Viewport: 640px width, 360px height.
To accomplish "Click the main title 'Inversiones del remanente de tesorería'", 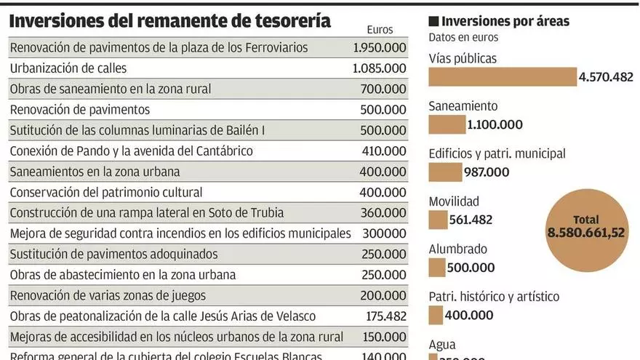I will tap(169, 21).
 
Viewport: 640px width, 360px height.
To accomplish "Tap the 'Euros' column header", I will tap(379, 30).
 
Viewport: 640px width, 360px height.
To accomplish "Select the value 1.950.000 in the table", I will tap(379, 47).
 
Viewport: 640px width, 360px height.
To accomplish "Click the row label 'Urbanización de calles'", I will tap(68, 68).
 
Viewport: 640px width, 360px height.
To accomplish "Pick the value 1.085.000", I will tap(379, 68).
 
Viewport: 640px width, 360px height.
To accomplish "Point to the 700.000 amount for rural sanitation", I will tap(383, 89).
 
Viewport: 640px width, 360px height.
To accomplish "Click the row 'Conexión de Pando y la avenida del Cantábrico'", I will tap(131, 151).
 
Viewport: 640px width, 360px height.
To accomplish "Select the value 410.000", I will tap(383, 151).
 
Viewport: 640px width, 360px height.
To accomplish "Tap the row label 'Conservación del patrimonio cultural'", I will tap(106, 193).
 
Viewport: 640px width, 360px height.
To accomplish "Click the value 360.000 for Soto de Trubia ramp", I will tap(383, 213).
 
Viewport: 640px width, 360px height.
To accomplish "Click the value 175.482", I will tap(383, 317).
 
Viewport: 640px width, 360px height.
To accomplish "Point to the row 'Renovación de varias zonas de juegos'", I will tap(108, 296).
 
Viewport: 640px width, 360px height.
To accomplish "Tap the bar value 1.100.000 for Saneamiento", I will tap(495, 124).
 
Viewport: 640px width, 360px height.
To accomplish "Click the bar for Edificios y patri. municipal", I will tap(445, 172).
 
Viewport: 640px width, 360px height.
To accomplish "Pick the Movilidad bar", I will tap(438, 220).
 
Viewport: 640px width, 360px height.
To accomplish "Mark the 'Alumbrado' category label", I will tap(457, 249).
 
